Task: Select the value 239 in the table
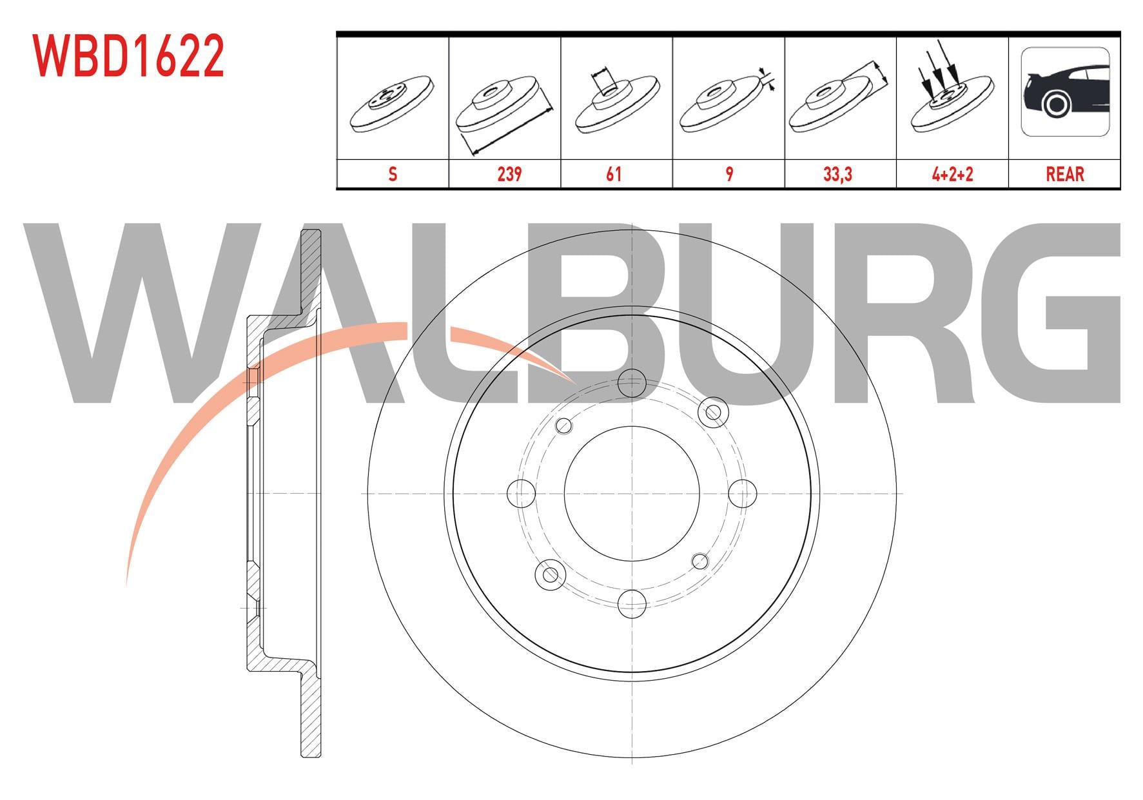click(509, 174)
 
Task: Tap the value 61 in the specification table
click(614, 174)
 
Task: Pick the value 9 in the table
click(729, 174)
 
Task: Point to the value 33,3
click(838, 174)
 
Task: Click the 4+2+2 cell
click(952, 174)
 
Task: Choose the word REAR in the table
click(1064, 174)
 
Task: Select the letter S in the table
click(393, 174)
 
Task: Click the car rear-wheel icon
click(1065, 92)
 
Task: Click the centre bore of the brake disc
click(632, 494)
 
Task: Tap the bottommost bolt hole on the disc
click(632, 603)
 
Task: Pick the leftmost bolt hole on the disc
click(522, 494)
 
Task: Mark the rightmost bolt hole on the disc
click(742, 494)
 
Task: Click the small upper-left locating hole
click(564, 425)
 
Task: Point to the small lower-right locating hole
click(700, 561)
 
